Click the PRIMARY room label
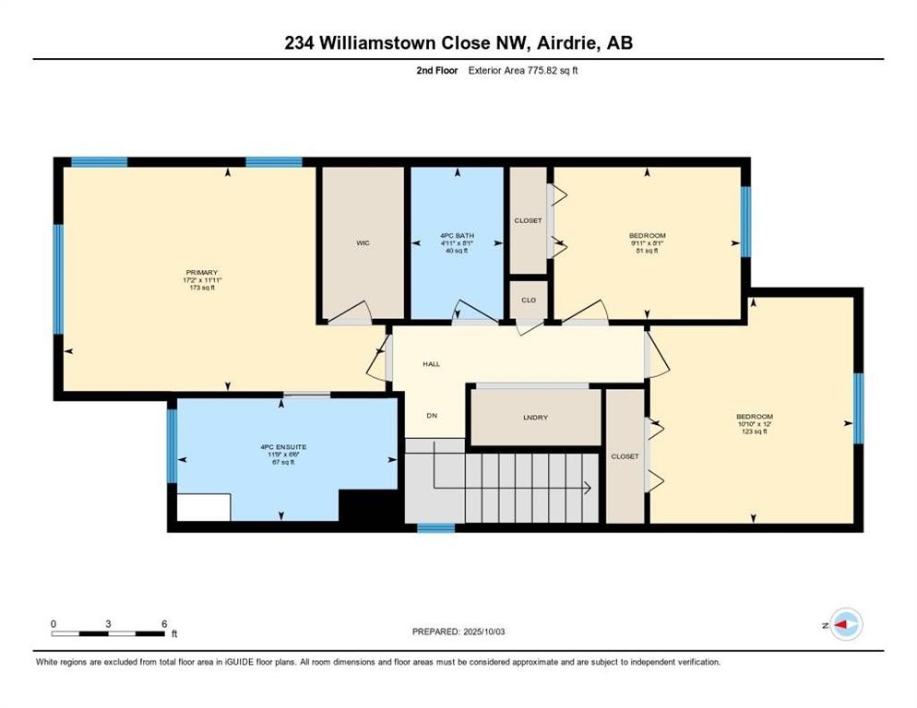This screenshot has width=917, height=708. pos(201,272)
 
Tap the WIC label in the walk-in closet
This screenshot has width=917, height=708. pos(363,243)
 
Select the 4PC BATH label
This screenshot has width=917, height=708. pos(457,236)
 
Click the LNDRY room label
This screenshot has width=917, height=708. pos(535,418)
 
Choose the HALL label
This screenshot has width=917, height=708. pos(431,364)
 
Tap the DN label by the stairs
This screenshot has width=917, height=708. pos(431,415)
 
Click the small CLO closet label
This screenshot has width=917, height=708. pos(529,300)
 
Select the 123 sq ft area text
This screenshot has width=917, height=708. pos(754,431)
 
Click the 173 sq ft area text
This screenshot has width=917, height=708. pos(201,288)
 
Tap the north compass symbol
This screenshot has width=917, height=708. pos(845,624)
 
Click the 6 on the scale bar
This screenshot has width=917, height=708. pos(164,623)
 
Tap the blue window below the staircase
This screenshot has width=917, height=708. pos(435,528)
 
